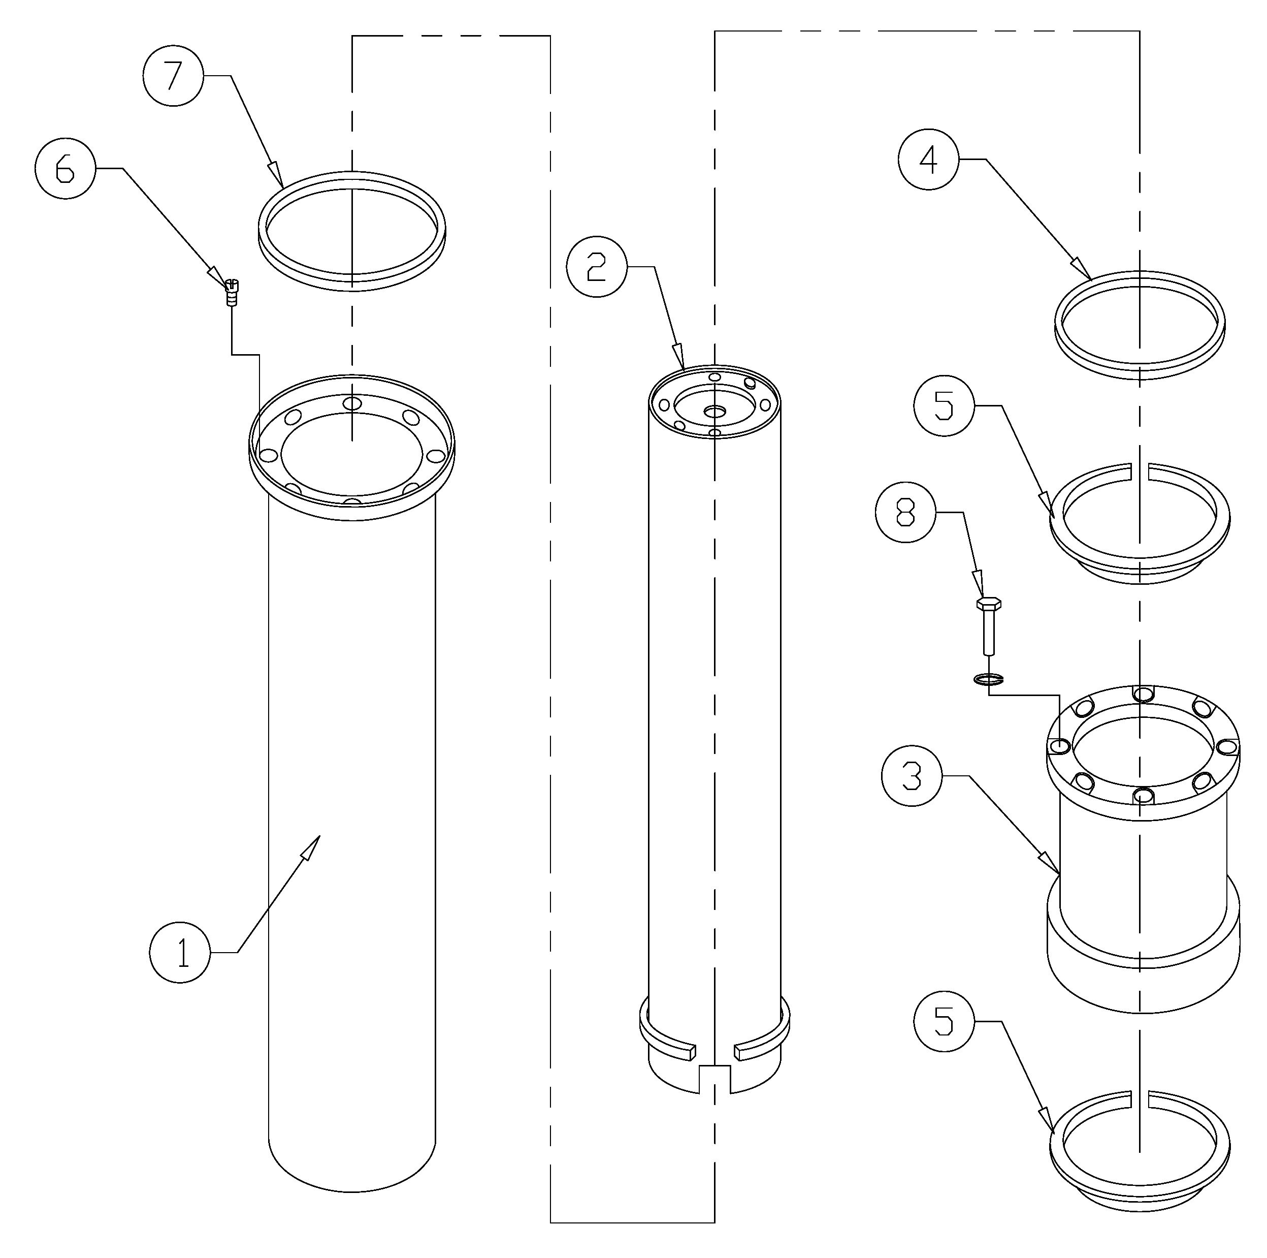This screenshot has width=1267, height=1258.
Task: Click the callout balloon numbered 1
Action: coord(180,952)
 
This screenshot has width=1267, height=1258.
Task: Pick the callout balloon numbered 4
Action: coord(929,160)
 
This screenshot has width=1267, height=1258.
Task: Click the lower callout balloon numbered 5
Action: coord(944,1022)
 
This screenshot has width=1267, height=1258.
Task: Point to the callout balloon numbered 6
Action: coord(66,169)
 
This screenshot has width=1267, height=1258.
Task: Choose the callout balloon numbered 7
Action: coord(173,76)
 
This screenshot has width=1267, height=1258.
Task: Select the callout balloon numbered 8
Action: coord(905,513)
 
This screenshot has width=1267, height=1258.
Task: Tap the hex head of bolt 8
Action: coord(988,603)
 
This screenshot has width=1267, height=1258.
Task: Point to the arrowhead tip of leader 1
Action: coord(318,837)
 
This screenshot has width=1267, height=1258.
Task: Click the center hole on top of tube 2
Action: coord(714,411)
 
